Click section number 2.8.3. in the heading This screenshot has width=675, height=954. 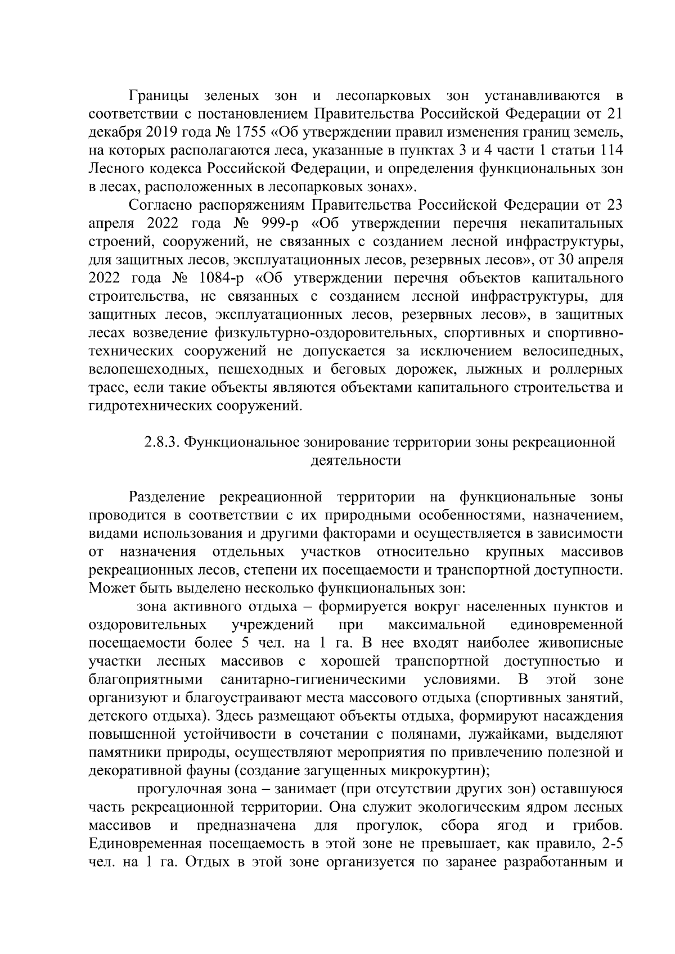pyautogui.click(x=161, y=442)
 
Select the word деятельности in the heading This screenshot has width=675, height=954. pyautogui.click(x=355, y=461)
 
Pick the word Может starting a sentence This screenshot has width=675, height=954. pyautogui.click(x=109, y=589)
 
